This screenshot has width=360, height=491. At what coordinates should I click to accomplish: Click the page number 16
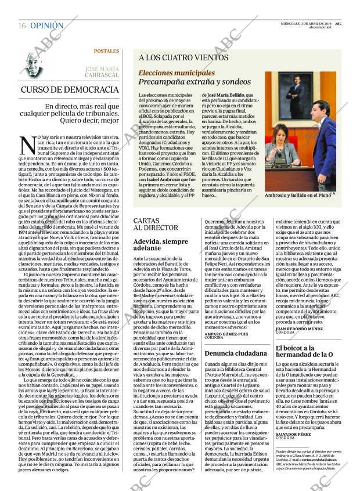[x=21, y=26]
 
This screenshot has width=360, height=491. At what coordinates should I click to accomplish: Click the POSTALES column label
[x=106, y=51]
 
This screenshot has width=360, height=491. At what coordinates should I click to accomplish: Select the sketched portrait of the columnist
[x=34, y=64]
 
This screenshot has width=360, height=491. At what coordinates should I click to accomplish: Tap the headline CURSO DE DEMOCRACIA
[x=70, y=90]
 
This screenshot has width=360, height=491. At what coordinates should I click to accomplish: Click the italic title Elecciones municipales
[x=177, y=73]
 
